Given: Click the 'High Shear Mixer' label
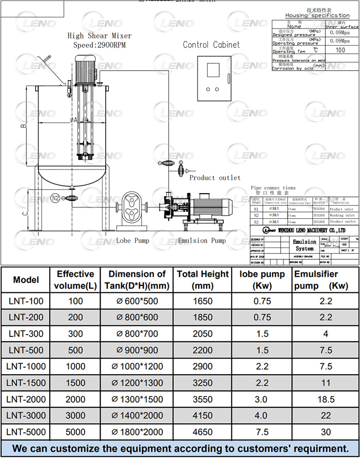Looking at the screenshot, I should click(99, 36).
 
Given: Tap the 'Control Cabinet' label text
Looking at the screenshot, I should click(211, 45).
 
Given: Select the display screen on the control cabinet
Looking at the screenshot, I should click(213, 70).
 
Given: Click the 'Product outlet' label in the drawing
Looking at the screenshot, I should click(215, 178).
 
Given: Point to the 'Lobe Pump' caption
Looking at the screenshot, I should click(132, 241).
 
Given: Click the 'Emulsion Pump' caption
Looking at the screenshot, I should click(202, 241).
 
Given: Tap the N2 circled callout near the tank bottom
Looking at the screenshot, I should click(56, 198).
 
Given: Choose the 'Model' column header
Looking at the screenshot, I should click(26, 280).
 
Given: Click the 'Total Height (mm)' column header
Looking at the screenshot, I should click(203, 280).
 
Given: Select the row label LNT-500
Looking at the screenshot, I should click(26, 350).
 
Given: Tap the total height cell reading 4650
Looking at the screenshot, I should click(203, 432).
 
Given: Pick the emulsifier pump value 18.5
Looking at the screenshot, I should click(325, 399).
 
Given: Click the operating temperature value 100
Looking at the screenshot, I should click(340, 50).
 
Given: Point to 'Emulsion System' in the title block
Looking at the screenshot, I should click(304, 245).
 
